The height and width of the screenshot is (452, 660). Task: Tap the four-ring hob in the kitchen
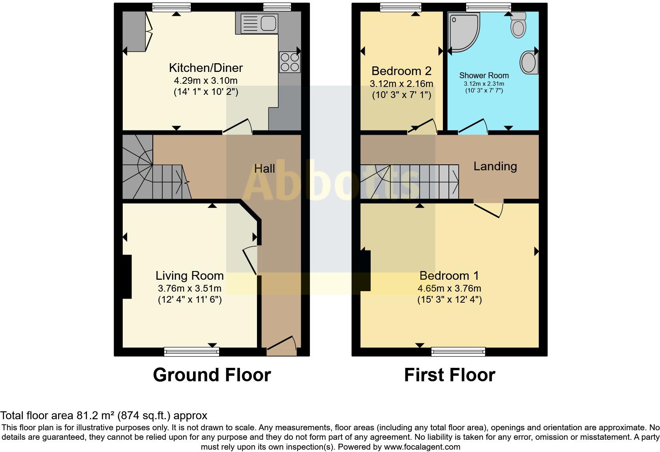(289, 62)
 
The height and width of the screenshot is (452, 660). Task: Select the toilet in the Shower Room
(518, 25)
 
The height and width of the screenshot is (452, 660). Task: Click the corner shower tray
(464, 32)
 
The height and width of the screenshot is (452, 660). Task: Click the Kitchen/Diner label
(206, 68)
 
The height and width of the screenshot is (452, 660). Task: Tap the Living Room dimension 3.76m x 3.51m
(189, 288)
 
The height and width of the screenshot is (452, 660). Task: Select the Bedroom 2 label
(401, 71)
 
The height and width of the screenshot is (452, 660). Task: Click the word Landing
(495, 166)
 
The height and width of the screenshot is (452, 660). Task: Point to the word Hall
(264, 169)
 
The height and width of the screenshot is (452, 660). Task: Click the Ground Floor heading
(212, 375)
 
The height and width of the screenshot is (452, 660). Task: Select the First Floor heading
(449, 375)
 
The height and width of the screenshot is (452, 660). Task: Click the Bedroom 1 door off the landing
(489, 210)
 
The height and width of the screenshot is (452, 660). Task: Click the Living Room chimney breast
(126, 277)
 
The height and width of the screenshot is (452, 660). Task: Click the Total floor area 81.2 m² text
(103, 416)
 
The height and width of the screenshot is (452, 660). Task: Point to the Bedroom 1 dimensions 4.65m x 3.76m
(449, 288)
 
